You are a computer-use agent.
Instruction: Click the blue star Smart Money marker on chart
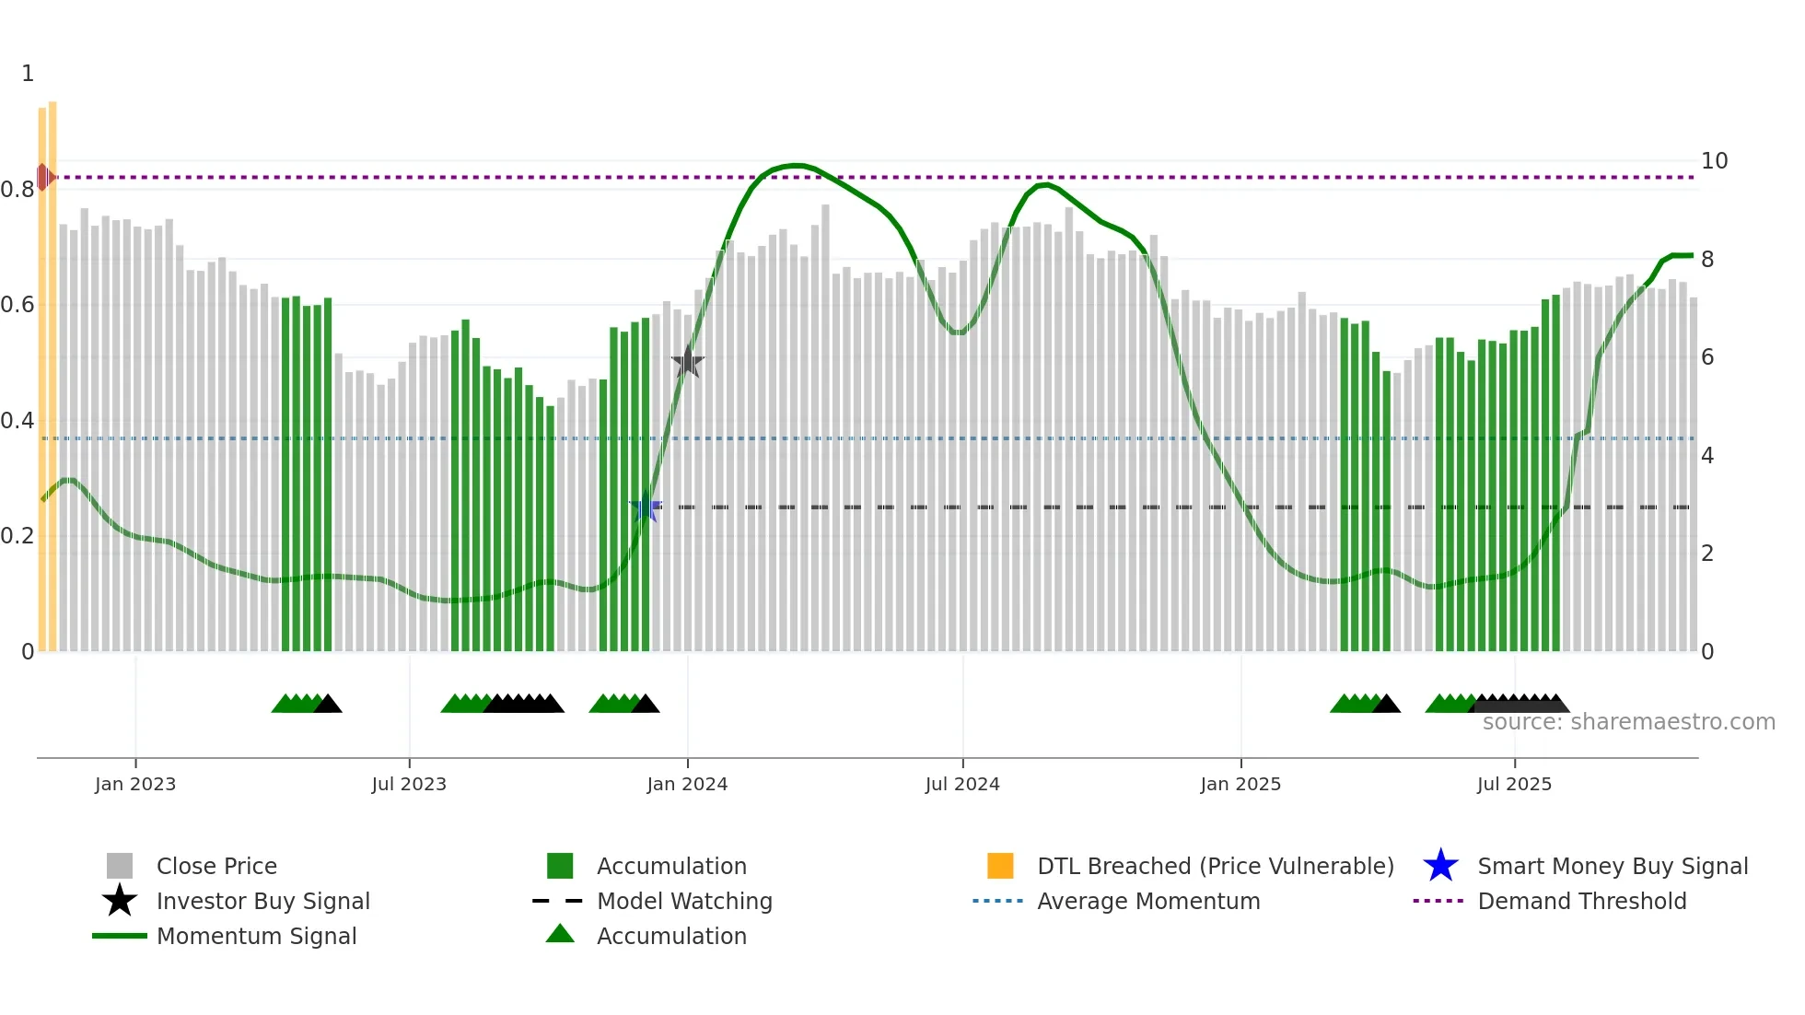(x=646, y=507)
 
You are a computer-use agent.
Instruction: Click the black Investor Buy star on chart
(x=687, y=363)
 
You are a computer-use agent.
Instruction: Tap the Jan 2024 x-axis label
(x=687, y=784)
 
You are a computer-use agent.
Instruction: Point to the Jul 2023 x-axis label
(x=409, y=784)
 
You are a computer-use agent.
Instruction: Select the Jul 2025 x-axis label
(x=1514, y=784)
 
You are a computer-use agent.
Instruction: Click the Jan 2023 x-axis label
(x=135, y=784)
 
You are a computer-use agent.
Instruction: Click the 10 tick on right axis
(x=1714, y=161)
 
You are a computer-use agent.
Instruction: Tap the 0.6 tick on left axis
(x=17, y=305)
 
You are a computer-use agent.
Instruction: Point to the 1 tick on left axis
(x=28, y=74)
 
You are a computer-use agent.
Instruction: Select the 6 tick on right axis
(x=1707, y=357)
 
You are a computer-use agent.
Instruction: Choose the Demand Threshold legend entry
(x=1581, y=901)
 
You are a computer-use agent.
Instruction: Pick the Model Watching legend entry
(x=684, y=901)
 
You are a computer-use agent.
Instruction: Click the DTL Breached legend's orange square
(x=1000, y=866)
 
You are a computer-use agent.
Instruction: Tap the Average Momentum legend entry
(x=1147, y=901)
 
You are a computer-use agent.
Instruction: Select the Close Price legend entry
(x=216, y=866)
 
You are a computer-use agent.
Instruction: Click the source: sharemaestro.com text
(x=1628, y=722)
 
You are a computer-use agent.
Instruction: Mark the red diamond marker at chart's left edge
(x=43, y=177)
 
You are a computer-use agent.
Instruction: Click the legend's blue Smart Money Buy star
(x=1440, y=866)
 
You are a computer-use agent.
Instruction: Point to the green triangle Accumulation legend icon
(x=560, y=935)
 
